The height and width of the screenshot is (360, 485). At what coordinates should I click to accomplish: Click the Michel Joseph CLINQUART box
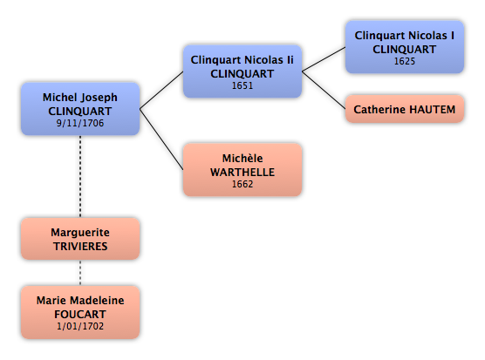coord(80,109)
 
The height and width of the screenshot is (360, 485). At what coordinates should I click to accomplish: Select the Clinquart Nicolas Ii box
coord(242,71)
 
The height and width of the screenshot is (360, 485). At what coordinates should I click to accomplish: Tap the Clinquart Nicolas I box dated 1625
coord(404,47)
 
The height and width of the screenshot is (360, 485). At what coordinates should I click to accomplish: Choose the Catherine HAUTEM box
coord(404,109)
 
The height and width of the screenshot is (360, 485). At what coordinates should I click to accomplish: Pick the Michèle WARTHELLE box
coord(242,170)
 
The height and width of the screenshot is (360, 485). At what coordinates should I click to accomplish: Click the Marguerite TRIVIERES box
coord(80,239)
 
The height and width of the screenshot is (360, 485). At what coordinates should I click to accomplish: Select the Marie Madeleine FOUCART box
coord(80,312)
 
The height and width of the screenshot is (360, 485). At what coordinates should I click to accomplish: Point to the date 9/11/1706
coord(80,123)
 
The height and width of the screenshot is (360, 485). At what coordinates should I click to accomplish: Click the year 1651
coord(242,85)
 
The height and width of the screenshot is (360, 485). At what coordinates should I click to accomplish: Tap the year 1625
coord(404,61)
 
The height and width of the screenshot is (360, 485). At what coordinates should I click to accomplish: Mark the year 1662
coord(242,184)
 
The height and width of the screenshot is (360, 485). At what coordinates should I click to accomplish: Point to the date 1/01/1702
coord(80,326)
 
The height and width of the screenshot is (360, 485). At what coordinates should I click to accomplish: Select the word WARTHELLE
coord(242,172)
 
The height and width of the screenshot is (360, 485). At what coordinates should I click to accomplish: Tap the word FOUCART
coord(80,315)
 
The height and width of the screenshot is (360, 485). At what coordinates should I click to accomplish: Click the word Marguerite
coord(80,233)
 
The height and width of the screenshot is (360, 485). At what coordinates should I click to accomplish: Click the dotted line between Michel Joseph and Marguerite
coord(80,176)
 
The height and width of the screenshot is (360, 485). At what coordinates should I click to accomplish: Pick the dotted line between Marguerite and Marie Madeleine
coord(80,273)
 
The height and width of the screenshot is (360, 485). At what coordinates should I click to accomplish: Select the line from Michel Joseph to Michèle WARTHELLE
coord(161,139)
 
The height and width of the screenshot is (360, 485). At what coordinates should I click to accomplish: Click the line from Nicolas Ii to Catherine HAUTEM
coord(324,90)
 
